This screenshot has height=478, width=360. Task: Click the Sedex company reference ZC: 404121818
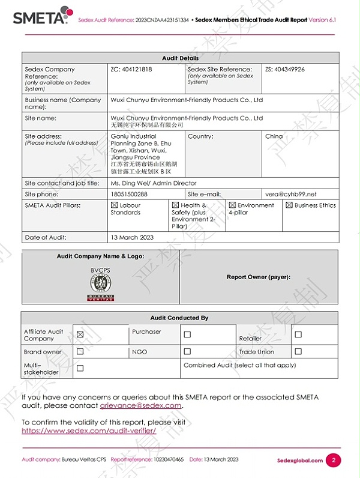pyautogui.click(x=131, y=70)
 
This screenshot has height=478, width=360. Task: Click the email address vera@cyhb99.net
pyautogui.click(x=290, y=194)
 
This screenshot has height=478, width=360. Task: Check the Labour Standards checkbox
pyautogui.click(x=115, y=205)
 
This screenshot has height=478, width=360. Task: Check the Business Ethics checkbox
pyautogui.click(x=289, y=205)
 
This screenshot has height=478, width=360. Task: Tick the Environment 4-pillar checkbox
pyautogui.click(x=232, y=205)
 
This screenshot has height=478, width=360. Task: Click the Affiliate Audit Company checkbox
pyautogui.click(x=80, y=334)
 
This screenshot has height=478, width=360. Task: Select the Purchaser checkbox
pyautogui.click(x=187, y=334)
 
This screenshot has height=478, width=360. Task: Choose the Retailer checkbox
pyautogui.click(x=298, y=334)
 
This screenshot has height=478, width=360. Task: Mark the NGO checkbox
pyautogui.click(x=187, y=352)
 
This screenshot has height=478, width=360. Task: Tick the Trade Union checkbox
pyautogui.click(x=298, y=352)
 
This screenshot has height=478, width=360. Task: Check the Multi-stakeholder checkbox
pyautogui.click(x=80, y=368)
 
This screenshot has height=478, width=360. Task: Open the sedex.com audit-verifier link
pyautogui.click(x=89, y=431)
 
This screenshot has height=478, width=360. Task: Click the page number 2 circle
pyautogui.click(x=334, y=461)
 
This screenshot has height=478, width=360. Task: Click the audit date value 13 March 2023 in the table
pyautogui.click(x=132, y=237)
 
